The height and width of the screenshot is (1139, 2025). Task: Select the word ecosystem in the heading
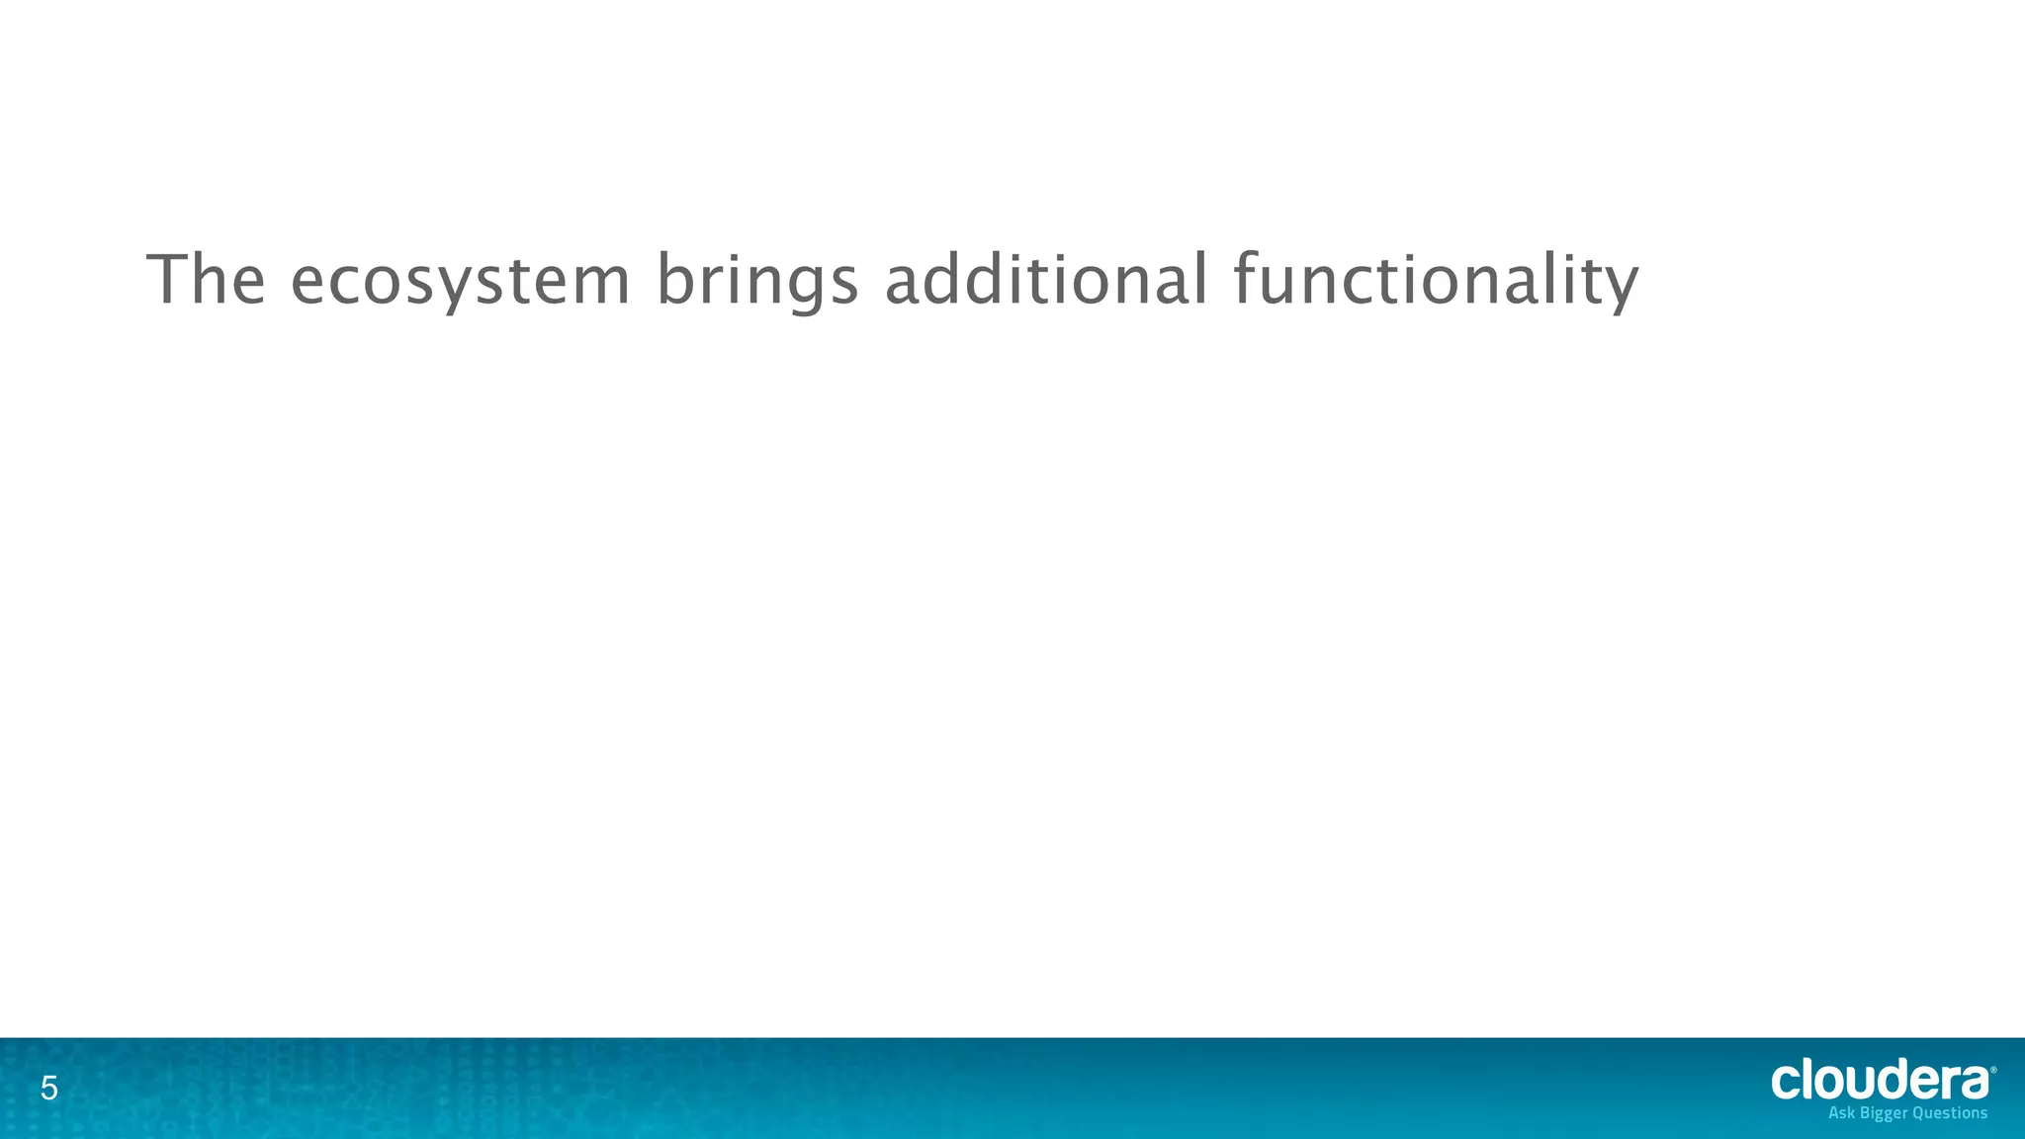pos(460,282)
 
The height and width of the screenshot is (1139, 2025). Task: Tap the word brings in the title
pos(756,282)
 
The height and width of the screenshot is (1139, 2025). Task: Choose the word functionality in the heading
pos(1436,282)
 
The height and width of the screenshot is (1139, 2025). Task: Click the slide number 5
pos(48,1091)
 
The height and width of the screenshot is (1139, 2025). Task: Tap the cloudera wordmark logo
pos(1880,1081)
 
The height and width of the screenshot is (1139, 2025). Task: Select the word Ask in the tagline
pos(1843,1113)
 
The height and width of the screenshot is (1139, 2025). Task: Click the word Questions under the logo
pos(1950,1113)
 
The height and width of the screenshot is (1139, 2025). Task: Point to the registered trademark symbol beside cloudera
pos(1992,1070)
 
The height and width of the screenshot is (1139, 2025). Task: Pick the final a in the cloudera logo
pos(1974,1083)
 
